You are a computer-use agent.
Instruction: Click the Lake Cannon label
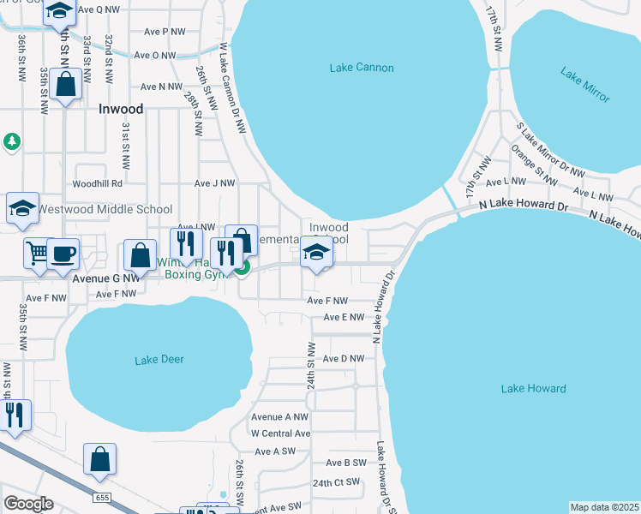coord(361,68)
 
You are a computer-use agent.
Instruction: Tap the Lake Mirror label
coord(585,85)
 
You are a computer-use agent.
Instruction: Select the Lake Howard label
coord(533,389)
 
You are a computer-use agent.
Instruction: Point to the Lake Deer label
coord(159,360)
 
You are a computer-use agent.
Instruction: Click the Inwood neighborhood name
coord(121,110)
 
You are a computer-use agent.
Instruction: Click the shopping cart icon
coord(37,253)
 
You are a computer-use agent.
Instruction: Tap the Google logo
coord(28,504)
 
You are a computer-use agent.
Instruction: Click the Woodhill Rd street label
coord(98,183)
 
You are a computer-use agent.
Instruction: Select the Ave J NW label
coord(214,183)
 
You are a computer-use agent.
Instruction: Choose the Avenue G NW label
coord(106,278)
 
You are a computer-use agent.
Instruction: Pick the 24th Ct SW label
coord(336,483)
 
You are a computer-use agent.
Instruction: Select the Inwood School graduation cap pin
coord(316,252)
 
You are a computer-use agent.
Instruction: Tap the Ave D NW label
coord(345,358)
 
